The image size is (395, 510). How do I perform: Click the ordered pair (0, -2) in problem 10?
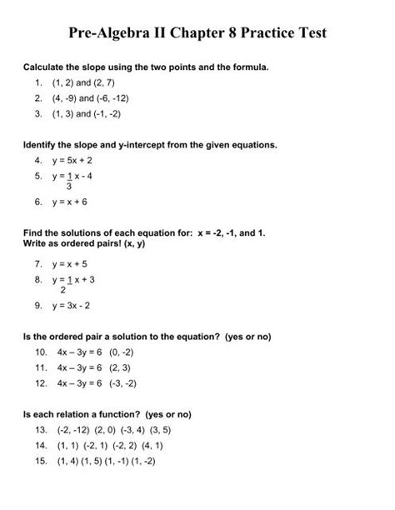click(120, 352)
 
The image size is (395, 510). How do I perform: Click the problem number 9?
click(39, 306)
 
